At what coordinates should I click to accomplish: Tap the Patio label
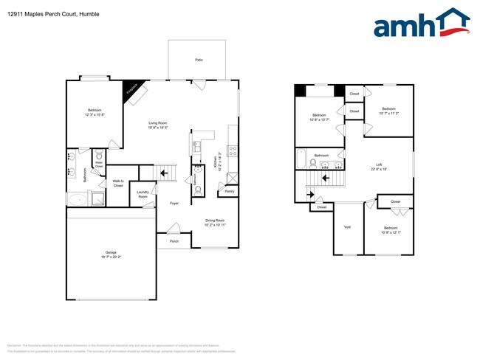(x=199, y=59)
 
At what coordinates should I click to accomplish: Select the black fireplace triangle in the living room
(x=131, y=87)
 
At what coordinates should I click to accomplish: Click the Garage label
(x=110, y=253)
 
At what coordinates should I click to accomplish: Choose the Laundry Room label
(x=143, y=195)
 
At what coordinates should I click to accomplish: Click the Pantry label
(x=228, y=192)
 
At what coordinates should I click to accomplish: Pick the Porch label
(x=174, y=240)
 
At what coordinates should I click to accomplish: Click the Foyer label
(x=174, y=203)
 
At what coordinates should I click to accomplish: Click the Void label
(x=347, y=226)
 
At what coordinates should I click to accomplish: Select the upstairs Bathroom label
(x=321, y=156)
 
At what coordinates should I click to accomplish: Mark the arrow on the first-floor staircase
(x=165, y=174)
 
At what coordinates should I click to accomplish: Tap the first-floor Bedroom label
(x=94, y=112)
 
